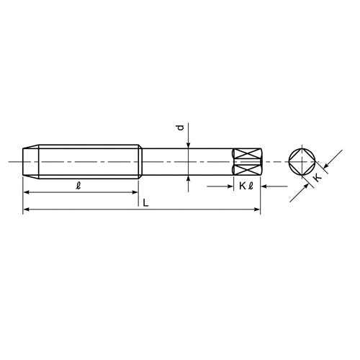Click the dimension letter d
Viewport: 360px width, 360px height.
pyautogui.click(x=181, y=127)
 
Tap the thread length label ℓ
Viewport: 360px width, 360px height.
pyautogui.click(x=78, y=186)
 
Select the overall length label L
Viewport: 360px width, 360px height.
pyautogui.click(x=145, y=203)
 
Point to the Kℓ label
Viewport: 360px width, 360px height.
pyautogui.click(x=246, y=186)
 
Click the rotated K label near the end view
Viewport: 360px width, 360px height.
pyautogui.click(x=318, y=178)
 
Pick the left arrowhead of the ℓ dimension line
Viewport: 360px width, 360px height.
pyautogui.click(x=26, y=192)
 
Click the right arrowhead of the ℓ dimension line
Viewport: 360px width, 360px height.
pyautogui.click(x=135, y=192)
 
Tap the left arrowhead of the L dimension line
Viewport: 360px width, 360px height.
pyautogui.click(x=26, y=210)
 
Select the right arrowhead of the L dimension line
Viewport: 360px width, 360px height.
pyautogui.click(x=257, y=210)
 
